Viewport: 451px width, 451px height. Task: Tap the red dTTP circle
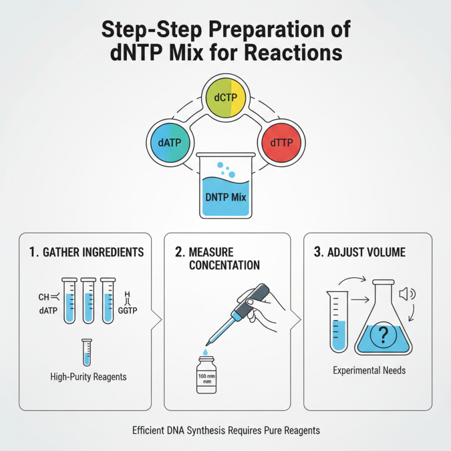pyautogui.click(x=281, y=142)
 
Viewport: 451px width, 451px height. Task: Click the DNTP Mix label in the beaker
pyautogui.click(x=225, y=198)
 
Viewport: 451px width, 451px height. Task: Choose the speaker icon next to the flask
pyautogui.click(x=406, y=293)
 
